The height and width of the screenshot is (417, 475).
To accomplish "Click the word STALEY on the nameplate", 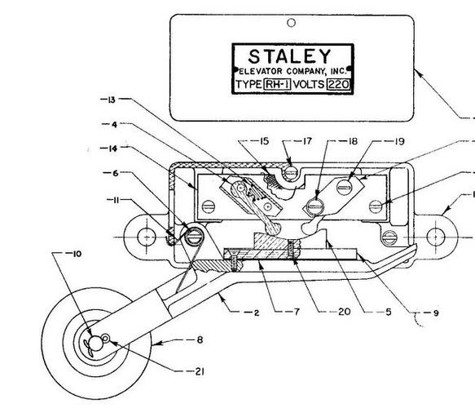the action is (289, 56).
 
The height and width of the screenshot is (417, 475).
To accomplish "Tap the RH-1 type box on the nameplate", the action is (277, 84).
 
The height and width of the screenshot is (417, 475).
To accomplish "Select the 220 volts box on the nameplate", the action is (338, 84).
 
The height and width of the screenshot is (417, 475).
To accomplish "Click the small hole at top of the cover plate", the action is (291, 23).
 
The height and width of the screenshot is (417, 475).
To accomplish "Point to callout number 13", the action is (112, 100).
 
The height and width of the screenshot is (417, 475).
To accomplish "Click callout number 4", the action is (114, 124).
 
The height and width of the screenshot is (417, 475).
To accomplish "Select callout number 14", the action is (112, 149).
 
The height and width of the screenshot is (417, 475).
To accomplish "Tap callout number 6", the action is (115, 173).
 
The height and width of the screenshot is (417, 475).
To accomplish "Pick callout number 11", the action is (115, 200).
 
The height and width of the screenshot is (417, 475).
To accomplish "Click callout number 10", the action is (77, 254).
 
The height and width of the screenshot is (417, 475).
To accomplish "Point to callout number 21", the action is (199, 371).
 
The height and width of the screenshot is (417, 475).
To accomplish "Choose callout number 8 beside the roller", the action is (200, 340).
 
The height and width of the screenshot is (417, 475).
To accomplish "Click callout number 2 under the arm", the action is (257, 313).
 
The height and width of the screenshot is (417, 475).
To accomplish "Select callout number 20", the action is (345, 312).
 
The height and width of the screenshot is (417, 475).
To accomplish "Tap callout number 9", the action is (436, 313).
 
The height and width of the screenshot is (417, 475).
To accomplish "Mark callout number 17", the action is (307, 141).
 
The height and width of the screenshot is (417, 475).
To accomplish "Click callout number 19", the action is (399, 141).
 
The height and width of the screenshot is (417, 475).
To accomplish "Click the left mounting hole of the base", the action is (147, 237).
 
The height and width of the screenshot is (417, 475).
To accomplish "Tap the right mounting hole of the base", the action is (436, 237).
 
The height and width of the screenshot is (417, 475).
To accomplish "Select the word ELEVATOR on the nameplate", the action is (260, 71).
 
